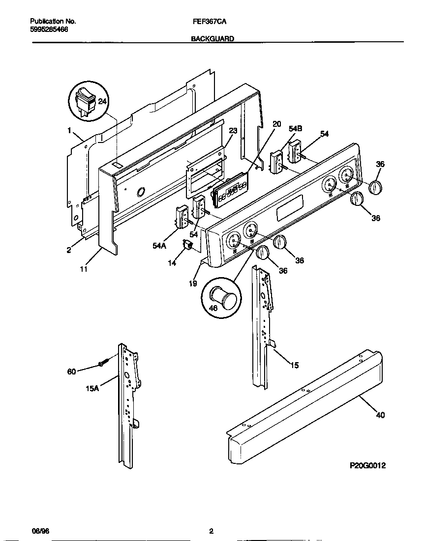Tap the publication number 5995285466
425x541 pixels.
(x=49, y=29)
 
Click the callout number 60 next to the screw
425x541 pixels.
(x=72, y=371)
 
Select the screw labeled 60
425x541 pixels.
(x=102, y=364)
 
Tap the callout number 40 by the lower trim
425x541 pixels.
(x=380, y=415)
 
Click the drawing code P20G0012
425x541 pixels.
(x=367, y=465)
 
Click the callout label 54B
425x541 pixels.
(x=295, y=128)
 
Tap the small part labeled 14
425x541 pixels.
(x=187, y=244)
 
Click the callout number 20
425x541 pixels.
(x=276, y=124)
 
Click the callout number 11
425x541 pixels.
(x=84, y=269)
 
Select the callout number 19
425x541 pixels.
(x=193, y=283)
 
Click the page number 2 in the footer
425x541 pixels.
(x=211, y=531)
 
